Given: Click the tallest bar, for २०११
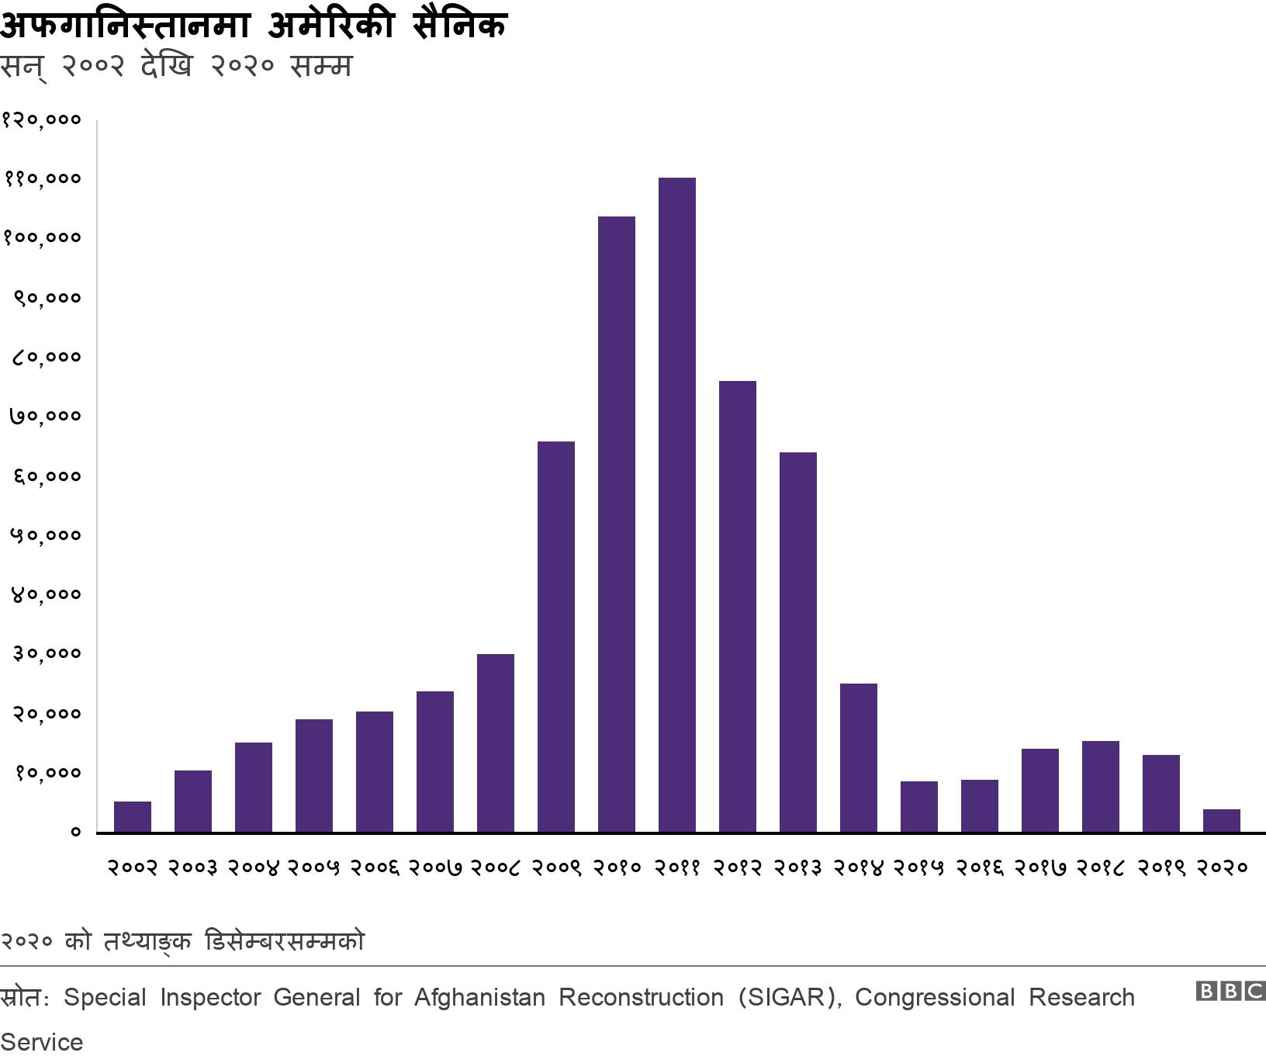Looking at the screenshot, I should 676,504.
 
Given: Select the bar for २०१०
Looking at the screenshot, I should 617,524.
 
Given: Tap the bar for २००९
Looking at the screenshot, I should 556,636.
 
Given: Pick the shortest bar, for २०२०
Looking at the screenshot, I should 1221,821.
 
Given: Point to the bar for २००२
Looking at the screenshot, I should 133,817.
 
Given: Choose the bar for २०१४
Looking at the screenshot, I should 859,757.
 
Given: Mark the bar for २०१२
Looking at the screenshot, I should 738,606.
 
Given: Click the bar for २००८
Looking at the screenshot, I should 496,743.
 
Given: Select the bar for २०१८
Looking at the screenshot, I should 1101,786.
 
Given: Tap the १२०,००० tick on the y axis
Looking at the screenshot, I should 42,119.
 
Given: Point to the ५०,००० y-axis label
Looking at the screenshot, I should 45,535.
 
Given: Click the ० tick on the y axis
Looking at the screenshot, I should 75,832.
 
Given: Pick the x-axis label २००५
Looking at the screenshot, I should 314,867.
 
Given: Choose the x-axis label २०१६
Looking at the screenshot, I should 980,867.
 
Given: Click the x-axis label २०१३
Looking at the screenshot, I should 798,867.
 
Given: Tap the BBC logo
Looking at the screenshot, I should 1230,991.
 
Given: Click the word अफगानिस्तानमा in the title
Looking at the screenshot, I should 125,26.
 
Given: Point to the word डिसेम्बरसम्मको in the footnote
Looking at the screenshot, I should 285,941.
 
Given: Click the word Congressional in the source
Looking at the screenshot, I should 935,997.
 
